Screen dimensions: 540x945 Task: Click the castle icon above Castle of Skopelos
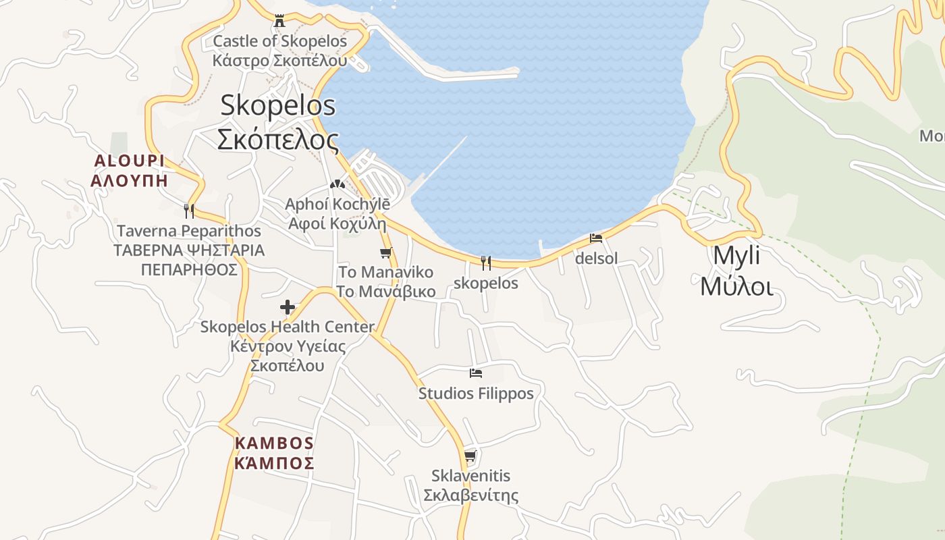coord(279,21)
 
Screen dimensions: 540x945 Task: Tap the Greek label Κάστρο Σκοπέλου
coord(279,60)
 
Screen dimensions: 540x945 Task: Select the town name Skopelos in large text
coord(277,105)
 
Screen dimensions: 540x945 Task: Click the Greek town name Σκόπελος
coord(277,140)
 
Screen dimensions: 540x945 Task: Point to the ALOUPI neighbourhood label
coord(129,161)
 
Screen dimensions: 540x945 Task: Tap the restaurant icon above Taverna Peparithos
coord(189,211)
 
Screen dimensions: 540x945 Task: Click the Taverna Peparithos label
coord(189,232)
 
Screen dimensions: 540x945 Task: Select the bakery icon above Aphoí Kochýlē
coord(337,184)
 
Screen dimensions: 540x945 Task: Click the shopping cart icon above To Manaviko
coord(385,253)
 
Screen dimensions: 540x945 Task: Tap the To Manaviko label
coord(385,273)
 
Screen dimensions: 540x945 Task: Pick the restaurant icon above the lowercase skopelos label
coord(486,263)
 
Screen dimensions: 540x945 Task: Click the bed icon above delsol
coord(596,238)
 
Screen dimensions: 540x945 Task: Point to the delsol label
coord(596,259)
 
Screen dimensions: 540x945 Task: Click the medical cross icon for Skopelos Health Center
coord(288,308)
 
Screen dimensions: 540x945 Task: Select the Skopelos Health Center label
coord(288,327)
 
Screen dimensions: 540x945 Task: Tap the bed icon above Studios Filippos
coord(476,373)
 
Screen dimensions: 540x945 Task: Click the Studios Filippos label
coord(476,393)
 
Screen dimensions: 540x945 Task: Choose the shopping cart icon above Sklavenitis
coord(470,456)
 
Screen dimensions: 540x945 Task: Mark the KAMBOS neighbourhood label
coord(274,443)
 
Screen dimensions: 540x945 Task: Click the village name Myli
coord(736,256)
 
